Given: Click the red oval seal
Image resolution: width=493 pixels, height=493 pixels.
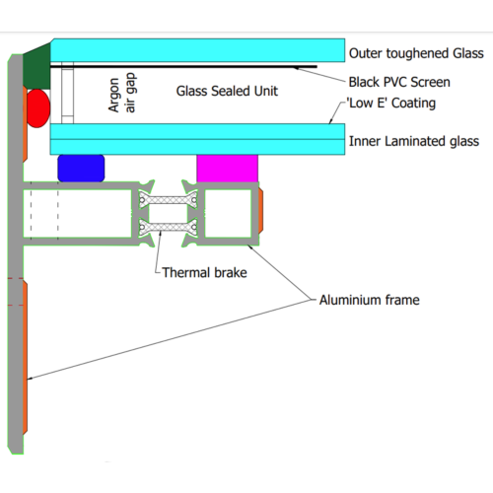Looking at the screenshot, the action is click(38, 108).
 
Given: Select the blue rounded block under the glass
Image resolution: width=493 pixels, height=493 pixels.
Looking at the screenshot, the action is click(81, 168).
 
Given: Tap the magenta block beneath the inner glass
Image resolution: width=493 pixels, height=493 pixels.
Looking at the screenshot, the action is click(228, 169).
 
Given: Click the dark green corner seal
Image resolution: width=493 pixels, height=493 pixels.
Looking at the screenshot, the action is click(37, 67).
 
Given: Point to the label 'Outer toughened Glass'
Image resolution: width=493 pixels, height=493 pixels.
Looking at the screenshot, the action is click(416, 53).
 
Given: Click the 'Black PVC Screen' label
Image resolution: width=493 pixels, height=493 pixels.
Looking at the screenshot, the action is click(399, 82).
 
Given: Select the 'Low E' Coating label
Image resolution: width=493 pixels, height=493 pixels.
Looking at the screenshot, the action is click(391, 103).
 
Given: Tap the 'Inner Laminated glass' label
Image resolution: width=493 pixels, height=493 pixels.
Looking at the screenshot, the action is click(414, 141).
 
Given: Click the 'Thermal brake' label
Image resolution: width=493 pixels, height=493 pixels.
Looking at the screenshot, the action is click(204, 272).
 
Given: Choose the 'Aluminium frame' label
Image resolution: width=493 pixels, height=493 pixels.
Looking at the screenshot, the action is click(370, 300).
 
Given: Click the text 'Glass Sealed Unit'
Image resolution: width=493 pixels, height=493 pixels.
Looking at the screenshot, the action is click(227, 91).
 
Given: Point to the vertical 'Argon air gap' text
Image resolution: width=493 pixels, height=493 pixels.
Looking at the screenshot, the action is click(121, 94).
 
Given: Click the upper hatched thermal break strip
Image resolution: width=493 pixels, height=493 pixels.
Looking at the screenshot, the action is click(168, 200).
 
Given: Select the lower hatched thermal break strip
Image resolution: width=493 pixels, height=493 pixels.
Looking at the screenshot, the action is click(168, 227).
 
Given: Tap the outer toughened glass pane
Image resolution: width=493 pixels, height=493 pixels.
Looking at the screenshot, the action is click(197, 50).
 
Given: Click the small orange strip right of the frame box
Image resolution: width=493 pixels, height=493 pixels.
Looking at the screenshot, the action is click(260, 210).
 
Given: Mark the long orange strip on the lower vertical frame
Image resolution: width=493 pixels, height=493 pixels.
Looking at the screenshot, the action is click(25, 358).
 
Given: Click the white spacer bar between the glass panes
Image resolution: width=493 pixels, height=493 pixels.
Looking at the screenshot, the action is click(67, 93).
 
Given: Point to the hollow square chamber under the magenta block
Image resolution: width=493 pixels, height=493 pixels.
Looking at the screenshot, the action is click(228, 214).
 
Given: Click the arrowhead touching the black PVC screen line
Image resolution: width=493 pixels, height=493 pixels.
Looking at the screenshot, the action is click(296, 68).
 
